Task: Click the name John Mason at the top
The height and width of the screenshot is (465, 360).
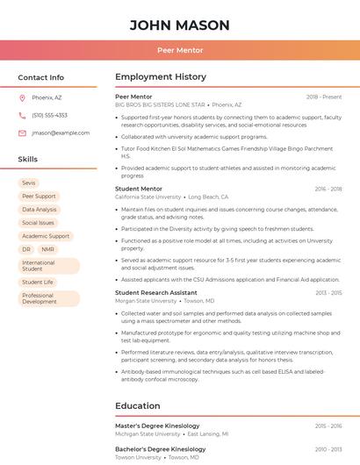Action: pos(180,25)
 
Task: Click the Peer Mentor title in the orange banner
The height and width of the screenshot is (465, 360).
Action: pos(180,51)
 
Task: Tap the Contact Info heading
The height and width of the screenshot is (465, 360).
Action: pos(41,77)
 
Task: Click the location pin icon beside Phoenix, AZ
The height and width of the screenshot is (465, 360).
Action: pos(22,97)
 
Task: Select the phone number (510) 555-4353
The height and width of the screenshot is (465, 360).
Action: pos(49,115)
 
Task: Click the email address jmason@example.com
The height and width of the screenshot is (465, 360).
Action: pos(61,133)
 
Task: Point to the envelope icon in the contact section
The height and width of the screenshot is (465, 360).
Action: pos(22,133)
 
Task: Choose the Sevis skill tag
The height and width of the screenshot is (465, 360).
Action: pos(29,182)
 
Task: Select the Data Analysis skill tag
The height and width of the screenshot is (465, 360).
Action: pos(39,210)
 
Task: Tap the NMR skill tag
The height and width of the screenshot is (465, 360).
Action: pos(47,249)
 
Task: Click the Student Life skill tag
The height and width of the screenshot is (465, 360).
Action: pos(38,283)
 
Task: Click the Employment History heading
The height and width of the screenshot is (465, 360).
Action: pos(160,77)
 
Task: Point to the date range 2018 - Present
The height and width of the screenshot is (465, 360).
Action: pos(324,97)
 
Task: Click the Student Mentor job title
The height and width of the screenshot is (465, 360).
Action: pos(139,189)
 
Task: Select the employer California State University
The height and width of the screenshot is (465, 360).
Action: pos(148,197)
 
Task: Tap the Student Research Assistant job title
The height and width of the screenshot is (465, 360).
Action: pos(156,292)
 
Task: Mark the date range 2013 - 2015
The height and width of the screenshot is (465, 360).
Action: pos(328,293)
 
